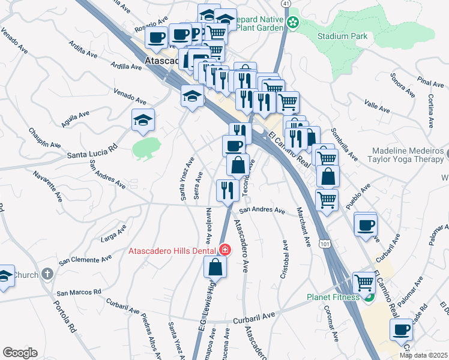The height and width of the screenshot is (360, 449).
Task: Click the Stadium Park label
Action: pos(343,36)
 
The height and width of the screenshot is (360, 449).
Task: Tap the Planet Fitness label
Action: pos(333,296)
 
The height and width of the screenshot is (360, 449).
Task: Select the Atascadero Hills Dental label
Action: pos(173,250)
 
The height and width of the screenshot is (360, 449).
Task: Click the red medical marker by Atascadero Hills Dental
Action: pos(224,249)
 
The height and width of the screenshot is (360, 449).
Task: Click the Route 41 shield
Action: pos(286,4)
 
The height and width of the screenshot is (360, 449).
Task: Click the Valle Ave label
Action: pos(378,107)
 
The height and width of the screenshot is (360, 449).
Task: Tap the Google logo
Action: pos(20,353)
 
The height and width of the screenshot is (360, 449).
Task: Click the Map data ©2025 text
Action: pos(423,355)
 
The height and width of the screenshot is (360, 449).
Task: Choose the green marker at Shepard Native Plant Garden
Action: pos(292,23)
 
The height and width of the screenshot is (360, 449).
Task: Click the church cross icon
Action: pos(47,274)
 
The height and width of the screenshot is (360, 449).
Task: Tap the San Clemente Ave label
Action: pos(85,260)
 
